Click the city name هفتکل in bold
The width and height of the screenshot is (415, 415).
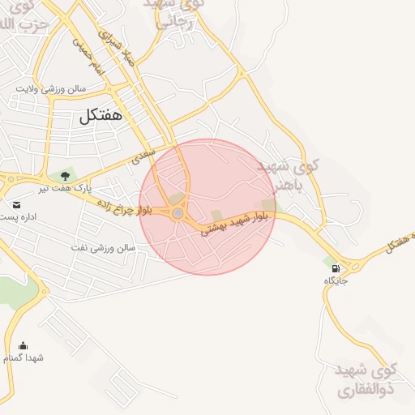[101, 116]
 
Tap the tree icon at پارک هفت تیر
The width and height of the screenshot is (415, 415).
[64, 174]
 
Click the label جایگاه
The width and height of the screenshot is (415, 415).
[336, 280]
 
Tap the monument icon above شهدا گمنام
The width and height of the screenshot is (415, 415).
[23, 345]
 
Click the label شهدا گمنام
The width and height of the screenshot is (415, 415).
[23, 357]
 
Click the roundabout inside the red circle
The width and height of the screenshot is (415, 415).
[178, 213]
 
